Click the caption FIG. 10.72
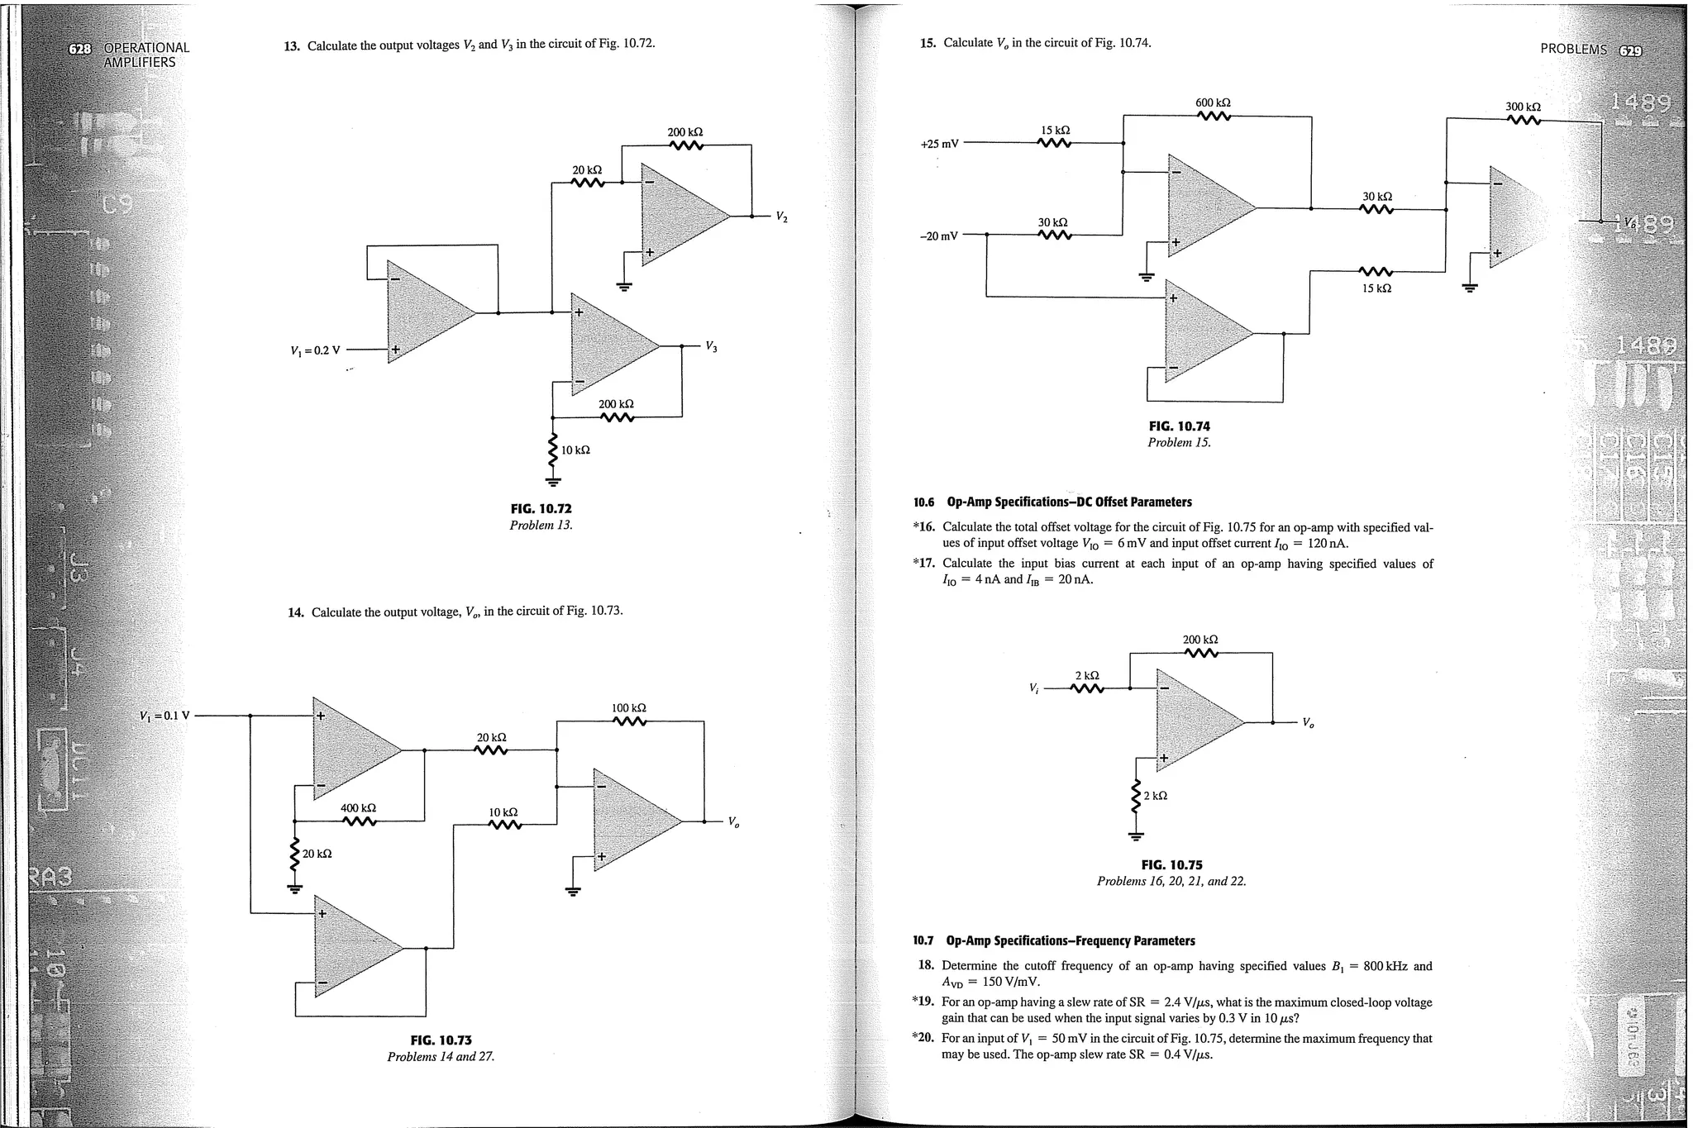[541, 509]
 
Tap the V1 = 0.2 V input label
[316, 350]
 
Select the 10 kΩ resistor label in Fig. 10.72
[575, 450]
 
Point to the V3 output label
[711, 346]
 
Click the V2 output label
[781, 217]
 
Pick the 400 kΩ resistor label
[358, 807]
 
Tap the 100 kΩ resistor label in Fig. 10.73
[628, 708]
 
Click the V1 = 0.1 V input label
[165, 716]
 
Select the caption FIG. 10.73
[441, 1040]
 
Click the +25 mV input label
[939, 144]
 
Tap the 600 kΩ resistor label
[1213, 102]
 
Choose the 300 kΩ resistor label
[1523, 107]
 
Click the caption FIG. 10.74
[1179, 426]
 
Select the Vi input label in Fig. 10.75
[1033, 688]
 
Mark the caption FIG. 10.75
[1171, 865]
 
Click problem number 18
[926, 966]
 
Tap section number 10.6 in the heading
[923, 502]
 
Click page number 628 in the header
[79, 48]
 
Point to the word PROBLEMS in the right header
[1573, 49]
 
